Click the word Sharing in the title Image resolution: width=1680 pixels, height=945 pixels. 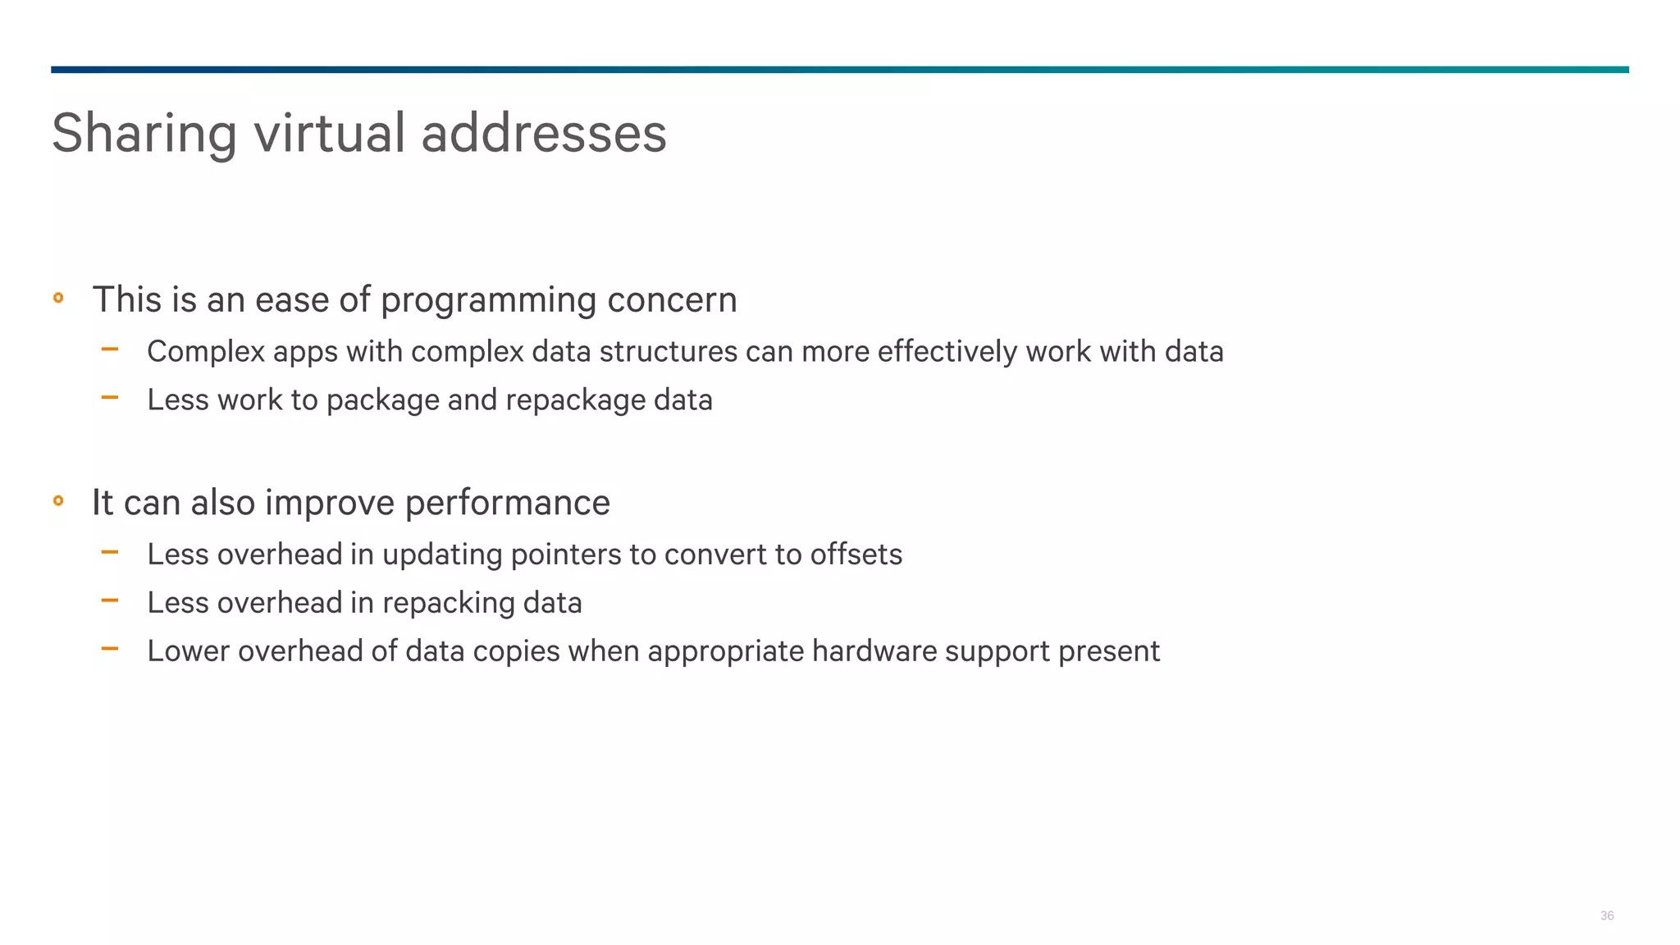pyautogui.click(x=144, y=134)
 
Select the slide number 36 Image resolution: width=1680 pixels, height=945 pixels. pyautogui.click(x=1606, y=915)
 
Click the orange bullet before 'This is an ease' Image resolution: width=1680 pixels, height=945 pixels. pyautogui.click(x=58, y=298)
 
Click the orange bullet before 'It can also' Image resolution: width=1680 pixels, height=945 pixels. pyautogui.click(x=58, y=500)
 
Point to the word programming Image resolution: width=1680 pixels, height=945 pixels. pyautogui.click(x=488, y=300)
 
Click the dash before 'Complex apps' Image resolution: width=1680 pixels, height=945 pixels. pyautogui.click(x=110, y=350)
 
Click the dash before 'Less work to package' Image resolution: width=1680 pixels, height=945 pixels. pyautogui.click(x=110, y=399)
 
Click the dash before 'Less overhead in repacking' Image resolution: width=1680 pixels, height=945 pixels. pyautogui.click(x=110, y=601)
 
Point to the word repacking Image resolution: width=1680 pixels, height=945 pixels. pyautogui.click(x=448, y=604)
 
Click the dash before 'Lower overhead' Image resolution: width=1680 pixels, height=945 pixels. pyautogui.click(x=110, y=650)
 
